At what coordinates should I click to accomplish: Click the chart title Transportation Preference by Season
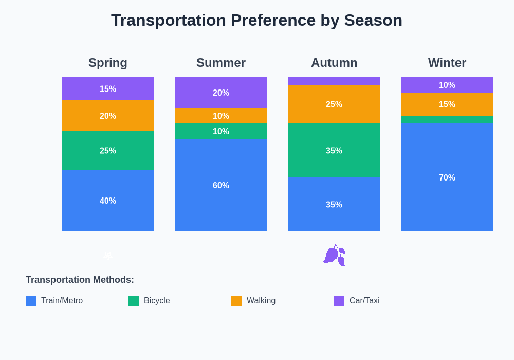pos(256,20)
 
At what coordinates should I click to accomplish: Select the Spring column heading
pos(108,63)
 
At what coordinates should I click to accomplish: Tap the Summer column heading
pos(221,63)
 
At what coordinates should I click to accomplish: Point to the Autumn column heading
pos(334,63)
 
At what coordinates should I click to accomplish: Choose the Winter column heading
pos(447,63)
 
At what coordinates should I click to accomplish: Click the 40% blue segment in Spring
pos(108,201)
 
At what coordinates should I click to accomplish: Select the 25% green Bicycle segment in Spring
pos(108,151)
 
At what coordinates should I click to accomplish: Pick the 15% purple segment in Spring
pos(108,89)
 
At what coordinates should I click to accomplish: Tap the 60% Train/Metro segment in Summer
pos(221,185)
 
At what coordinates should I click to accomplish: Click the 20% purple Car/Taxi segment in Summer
pos(221,93)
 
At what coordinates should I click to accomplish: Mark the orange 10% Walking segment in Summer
pos(221,116)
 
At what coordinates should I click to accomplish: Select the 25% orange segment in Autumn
pos(334,104)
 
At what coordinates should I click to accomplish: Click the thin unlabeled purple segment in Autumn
pos(334,81)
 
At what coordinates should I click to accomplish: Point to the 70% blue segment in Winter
pos(447,177)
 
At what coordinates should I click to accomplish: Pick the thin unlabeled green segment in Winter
pos(447,119)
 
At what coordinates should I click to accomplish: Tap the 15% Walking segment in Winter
pos(447,104)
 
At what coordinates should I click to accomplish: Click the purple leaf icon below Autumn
pos(334,255)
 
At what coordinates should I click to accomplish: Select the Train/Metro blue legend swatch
pos(31,301)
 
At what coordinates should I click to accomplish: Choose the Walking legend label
pos(261,301)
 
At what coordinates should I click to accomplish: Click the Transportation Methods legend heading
pos(80,280)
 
